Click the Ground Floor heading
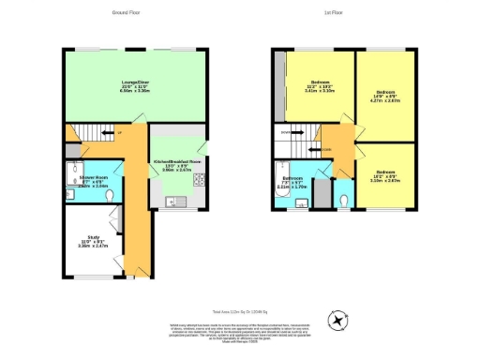coord(126,13)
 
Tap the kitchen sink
coord(173,201)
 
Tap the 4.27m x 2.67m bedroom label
coord(384,97)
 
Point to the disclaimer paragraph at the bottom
coord(241,328)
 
